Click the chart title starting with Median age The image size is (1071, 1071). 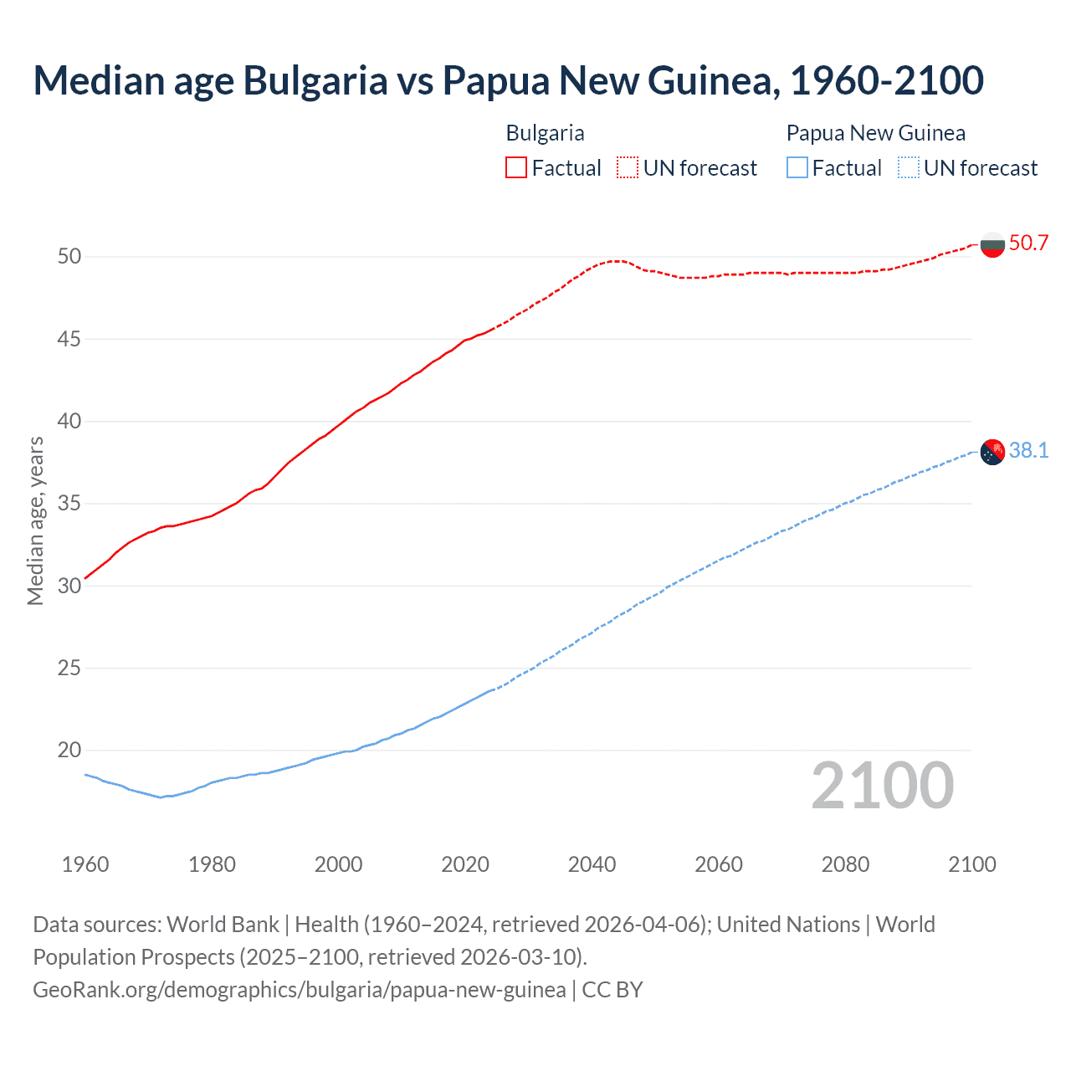tap(508, 80)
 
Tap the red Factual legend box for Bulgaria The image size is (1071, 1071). tap(516, 168)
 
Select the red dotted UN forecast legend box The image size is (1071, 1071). tap(628, 168)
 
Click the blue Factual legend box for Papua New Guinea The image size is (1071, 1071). tap(797, 168)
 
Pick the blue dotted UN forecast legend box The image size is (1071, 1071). tap(909, 168)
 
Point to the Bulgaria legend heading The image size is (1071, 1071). tap(545, 133)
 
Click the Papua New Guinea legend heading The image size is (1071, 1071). tap(875, 133)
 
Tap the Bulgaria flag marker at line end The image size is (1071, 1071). tap(992, 244)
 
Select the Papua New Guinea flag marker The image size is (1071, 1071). tap(992, 452)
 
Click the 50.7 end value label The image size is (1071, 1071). tap(1028, 243)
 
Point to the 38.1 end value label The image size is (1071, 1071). tap(1028, 451)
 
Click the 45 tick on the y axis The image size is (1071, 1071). tap(69, 339)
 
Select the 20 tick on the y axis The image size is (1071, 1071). tap(69, 750)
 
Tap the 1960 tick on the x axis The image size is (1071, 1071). tap(85, 864)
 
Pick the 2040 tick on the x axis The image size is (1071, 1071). tap(592, 864)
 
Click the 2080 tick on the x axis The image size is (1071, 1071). tap(845, 864)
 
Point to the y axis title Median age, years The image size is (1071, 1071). tap(35, 520)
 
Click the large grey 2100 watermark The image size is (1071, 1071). tap(883, 785)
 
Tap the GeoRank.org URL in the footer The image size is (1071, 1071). tap(299, 990)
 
